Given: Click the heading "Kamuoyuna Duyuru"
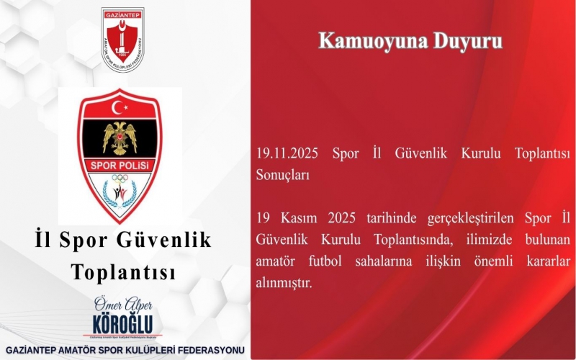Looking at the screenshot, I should coord(410,41).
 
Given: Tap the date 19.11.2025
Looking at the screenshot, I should coord(287,154).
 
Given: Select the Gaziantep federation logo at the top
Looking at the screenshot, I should coord(122,40).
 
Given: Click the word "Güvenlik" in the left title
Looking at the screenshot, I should coord(166,240).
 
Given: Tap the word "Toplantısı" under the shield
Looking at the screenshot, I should coord(123,272).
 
